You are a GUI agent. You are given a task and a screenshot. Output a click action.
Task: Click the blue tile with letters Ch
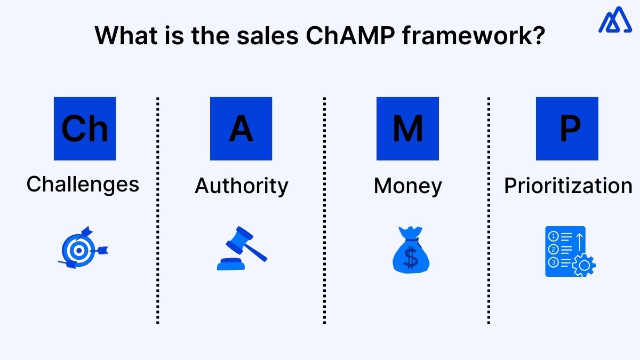(85, 129)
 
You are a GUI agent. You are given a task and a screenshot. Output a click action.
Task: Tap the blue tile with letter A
(241, 129)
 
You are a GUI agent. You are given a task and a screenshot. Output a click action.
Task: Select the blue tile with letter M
(407, 129)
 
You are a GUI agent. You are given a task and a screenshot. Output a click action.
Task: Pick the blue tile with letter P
(567, 129)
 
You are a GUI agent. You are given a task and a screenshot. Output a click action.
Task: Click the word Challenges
(83, 185)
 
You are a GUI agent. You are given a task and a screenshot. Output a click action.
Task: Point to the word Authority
(241, 186)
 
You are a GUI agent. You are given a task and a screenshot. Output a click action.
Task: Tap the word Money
(407, 186)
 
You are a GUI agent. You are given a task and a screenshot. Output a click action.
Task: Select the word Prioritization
(568, 186)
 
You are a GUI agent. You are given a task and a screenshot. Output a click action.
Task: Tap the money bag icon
(411, 250)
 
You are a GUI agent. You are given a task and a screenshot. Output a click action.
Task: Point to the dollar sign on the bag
(411, 258)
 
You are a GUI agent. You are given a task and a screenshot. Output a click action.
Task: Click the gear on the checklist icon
(584, 265)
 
